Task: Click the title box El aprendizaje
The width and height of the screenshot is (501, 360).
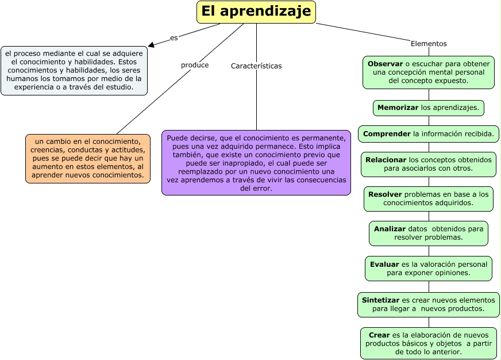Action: (256, 12)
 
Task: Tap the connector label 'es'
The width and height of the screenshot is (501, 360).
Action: (174, 38)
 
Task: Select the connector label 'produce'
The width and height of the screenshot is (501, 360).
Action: (195, 65)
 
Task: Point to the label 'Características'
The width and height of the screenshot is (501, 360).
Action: (256, 66)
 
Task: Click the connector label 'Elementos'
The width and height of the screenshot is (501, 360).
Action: (429, 44)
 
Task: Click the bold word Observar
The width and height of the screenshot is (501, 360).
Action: (385, 63)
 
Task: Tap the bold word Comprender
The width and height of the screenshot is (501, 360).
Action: (387, 134)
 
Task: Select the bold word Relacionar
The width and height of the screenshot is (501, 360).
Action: (386, 159)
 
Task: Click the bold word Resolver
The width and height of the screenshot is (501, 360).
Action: (384, 194)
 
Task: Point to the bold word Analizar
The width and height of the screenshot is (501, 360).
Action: (390, 229)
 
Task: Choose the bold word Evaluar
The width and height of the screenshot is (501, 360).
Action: (384, 265)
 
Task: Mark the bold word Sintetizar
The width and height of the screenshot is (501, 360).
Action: (380, 300)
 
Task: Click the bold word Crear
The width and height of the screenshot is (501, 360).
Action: (379, 335)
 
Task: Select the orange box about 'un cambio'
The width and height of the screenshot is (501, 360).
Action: (87, 158)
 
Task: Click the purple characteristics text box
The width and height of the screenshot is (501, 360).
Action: (256, 163)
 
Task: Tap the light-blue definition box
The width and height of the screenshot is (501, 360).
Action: (74, 70)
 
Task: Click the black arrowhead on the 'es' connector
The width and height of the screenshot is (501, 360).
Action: (151, 44)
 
